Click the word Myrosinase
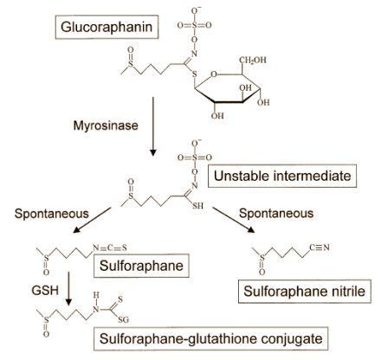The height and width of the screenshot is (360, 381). click(106, 125)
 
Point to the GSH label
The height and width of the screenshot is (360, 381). click(45, 290)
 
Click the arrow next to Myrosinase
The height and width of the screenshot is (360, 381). click(153, 126)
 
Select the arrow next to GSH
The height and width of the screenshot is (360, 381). click(68, 288)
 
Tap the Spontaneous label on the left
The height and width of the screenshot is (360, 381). click(51, 214)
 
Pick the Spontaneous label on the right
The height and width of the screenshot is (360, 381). click(276, 214)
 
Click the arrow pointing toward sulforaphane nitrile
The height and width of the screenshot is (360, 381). click(234, 220)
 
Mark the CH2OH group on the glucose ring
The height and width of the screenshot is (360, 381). click(253, 61)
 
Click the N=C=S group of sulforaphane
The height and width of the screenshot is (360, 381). click(109, 247)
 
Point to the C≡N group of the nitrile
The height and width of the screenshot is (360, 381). click(320, 247)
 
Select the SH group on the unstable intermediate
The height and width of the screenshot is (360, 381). click(198, 206)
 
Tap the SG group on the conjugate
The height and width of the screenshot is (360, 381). click(124, 319)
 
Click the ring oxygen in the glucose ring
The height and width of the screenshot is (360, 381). click(214, 74)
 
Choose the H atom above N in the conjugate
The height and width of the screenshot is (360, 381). click(96, 295)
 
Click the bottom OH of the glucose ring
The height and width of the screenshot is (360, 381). click(217, 116)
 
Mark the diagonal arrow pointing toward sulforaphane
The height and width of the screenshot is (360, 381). click(92, 220)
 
